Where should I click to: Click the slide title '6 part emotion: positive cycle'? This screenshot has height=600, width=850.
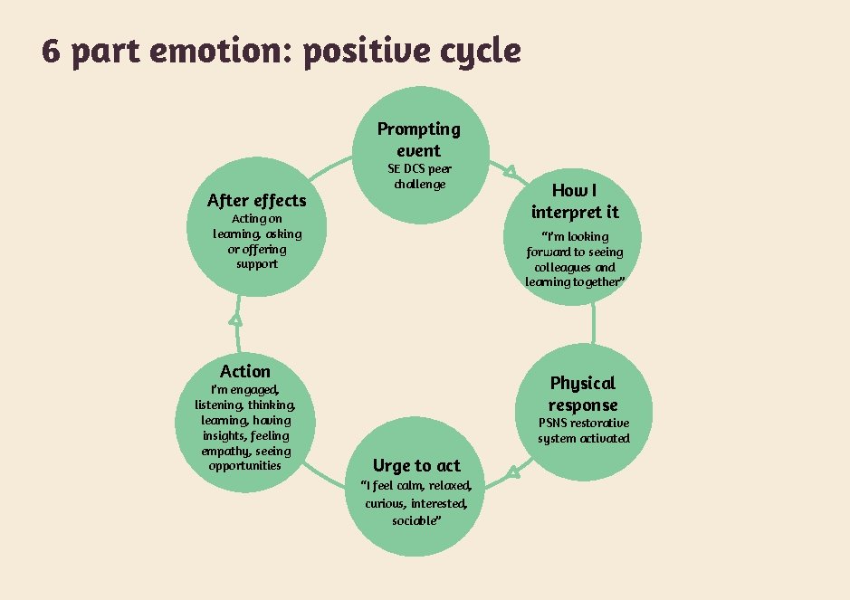(x=281, y=52)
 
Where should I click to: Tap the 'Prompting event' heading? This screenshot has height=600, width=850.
(x=418, y=139)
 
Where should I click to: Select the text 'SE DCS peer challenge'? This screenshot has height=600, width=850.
(x=419, y=176)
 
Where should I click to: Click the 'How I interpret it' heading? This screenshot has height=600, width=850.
(x=575, y=201)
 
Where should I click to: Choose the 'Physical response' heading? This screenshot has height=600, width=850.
(x=583, y=394)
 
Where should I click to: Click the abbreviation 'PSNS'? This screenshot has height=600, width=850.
(x=555, y=423)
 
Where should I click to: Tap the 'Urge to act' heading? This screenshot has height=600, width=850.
(x=416, y=465)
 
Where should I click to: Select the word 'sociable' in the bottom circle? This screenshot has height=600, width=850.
(x=416, y=520)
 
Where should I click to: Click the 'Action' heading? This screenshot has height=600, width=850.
(x=244, y=371)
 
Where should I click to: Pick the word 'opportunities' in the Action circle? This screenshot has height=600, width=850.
(x=244, y=465)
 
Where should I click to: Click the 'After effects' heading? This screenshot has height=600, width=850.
(x=256, y=200)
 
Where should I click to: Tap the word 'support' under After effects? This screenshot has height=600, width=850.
(x=257, y=264)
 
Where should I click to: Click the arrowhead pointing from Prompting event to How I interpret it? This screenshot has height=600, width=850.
(x=510, y=170)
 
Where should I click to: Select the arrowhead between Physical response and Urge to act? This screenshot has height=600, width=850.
(x=512, y=471)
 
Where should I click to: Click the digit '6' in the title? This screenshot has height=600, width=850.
(x=51, y=52)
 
